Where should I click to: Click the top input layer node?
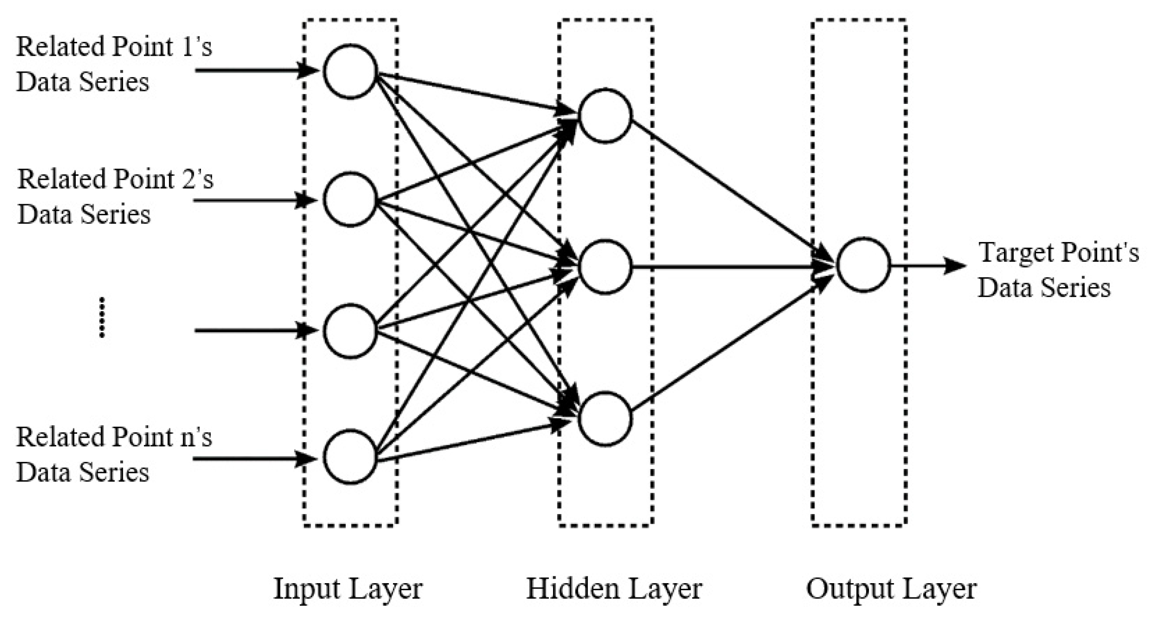pos(350,71)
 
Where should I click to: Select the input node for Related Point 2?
pos(350,199)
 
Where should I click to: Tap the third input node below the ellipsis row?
pos(350,331)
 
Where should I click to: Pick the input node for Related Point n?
pos(350,457)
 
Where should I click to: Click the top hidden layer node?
pos(605,115)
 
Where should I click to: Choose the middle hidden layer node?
pos(605,267)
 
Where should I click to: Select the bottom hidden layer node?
pos(605,419)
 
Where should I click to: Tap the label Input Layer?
pos(348,588)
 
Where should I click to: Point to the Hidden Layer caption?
pos(614,588)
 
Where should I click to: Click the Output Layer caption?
pos(891,588)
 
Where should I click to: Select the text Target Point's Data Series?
pos(1057,270)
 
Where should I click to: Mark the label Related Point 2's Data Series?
pos(114,196)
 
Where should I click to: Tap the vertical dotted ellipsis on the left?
pos(102,317)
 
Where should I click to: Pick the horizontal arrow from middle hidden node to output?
pos(729,267)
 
